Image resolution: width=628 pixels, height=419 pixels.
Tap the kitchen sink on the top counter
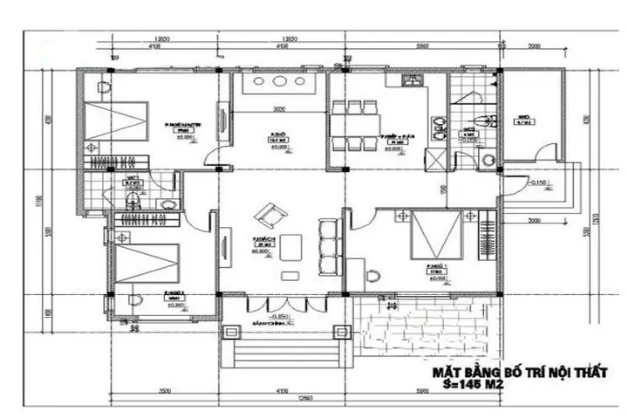410,83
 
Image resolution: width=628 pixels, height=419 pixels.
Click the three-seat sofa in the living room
329,248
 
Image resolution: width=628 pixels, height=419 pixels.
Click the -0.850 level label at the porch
280,315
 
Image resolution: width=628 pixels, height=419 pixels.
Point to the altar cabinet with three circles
281,84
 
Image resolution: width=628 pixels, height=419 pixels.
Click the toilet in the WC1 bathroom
131,202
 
